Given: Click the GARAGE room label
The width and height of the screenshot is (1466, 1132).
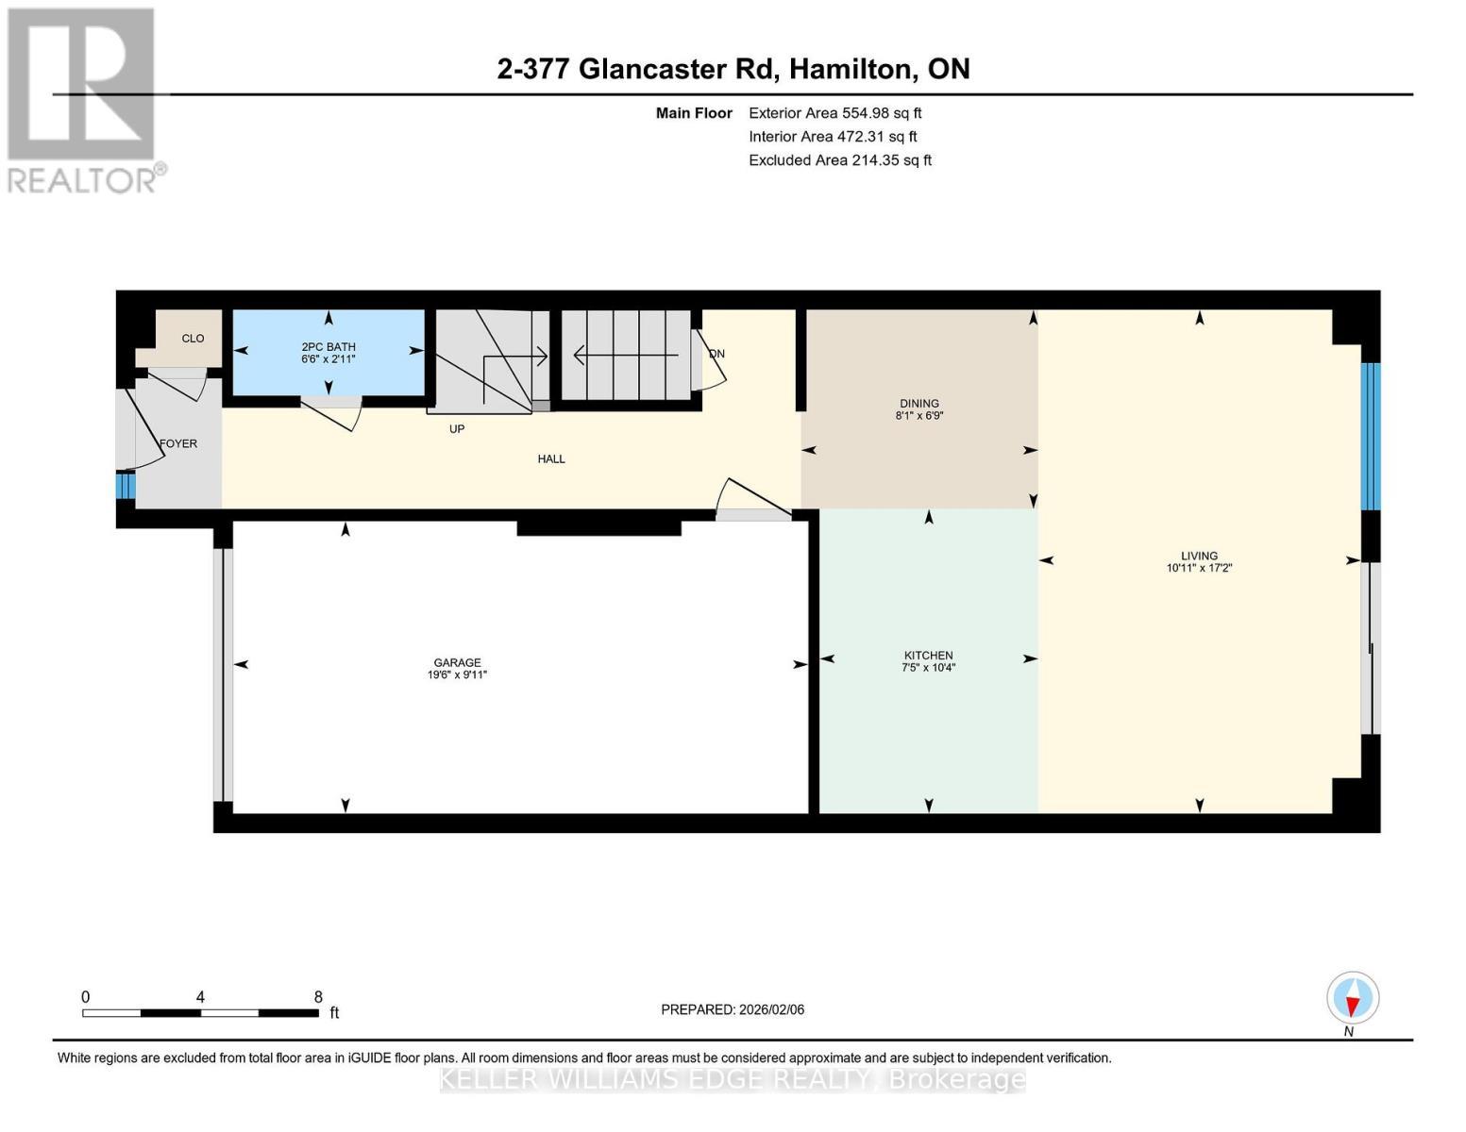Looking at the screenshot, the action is point(457,662).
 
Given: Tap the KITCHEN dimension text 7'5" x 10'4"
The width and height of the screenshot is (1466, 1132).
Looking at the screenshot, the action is point(928,668).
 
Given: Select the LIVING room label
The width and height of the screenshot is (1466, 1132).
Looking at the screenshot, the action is point(1199,556).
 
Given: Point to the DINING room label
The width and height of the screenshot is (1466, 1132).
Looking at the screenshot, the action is point(918,403).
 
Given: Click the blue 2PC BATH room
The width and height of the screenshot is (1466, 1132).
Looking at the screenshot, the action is point(329,353).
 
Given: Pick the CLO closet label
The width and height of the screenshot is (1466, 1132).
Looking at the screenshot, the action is point(193,339).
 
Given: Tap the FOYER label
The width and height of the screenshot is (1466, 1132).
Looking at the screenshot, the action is point(178,443).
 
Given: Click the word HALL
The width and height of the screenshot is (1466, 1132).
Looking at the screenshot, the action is point(551,459).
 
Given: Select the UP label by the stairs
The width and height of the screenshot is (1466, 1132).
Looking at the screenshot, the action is point(457,429).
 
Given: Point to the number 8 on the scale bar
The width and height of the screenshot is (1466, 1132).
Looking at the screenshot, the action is point(318,996).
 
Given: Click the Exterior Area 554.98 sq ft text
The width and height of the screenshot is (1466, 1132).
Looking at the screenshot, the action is point(834,113).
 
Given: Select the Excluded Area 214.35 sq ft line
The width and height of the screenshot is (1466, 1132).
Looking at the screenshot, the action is point(840,160).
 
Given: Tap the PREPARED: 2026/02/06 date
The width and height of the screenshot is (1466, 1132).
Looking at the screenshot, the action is point(733,1009).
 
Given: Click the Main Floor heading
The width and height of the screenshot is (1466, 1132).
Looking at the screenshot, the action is point(694,113).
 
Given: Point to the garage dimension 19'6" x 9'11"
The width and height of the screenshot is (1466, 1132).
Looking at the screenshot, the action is point(457,674).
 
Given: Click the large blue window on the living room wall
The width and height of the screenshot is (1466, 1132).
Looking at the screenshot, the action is point(1371,436).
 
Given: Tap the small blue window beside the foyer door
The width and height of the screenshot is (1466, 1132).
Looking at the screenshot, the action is point(126,485).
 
